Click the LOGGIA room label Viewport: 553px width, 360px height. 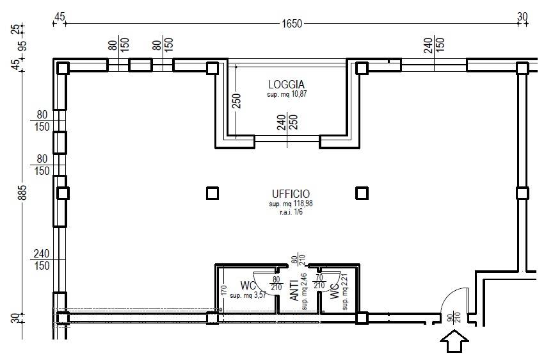286,84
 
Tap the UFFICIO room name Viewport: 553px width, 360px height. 290,193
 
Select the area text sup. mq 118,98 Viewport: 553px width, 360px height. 290,204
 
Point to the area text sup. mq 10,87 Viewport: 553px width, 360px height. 286,94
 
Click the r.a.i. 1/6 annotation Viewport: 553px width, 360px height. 290,212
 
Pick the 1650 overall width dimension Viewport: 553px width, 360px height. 291,24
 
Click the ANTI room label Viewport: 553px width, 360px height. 294,290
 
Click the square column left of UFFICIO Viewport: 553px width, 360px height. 212,193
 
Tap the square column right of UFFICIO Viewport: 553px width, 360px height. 362,193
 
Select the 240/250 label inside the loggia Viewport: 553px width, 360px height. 287,122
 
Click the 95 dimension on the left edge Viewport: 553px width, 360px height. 23,45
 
